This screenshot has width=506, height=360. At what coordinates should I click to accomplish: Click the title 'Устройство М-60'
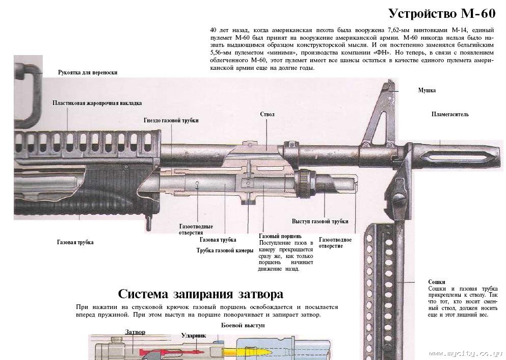click(x=441, y=13)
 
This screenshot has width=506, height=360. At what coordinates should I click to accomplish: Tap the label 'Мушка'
click(x=427, y=90)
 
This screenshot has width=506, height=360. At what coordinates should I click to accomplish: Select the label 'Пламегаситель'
click(x=450, y=114)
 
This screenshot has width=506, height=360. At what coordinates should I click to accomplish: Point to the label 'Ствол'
click(x=267, y=114)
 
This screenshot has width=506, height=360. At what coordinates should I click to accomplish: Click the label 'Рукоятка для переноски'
click(x=88, y=72)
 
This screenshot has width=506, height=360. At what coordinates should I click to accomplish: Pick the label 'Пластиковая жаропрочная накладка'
click(x=97, y=103)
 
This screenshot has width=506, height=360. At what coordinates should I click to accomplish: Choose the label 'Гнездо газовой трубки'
click(x=171, y=120)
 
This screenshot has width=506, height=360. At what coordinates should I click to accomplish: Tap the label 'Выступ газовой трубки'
click(x=320, y=221)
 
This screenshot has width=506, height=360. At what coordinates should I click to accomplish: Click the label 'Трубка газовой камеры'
click(x=225, y=250)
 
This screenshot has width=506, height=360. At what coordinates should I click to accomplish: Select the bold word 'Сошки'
click(x=437, y=282)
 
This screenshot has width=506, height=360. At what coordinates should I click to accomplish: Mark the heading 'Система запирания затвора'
click(x=200, y=294)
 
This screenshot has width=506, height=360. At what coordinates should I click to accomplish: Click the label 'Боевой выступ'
click(x=243, y=325)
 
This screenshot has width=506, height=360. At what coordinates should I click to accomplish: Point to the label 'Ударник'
click(x=193, y=336)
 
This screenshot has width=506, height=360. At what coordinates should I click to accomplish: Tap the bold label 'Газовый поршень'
click(x=280, y=236)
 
